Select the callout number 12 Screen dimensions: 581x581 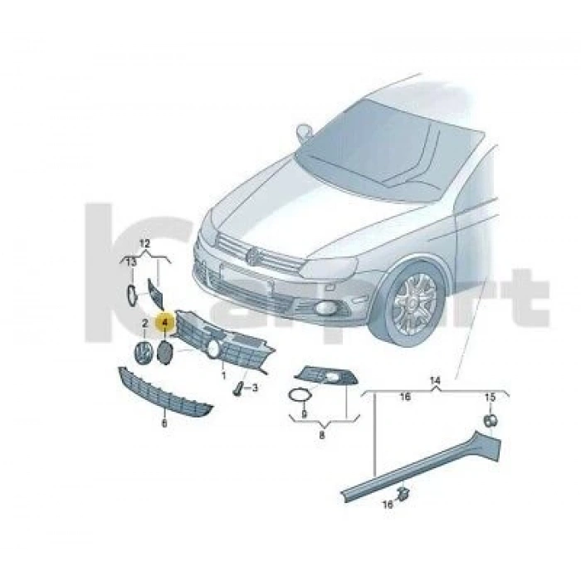144,243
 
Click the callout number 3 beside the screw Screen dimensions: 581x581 256,388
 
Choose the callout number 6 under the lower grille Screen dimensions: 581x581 164,422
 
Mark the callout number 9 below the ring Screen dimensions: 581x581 304,413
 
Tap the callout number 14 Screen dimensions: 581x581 433,379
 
